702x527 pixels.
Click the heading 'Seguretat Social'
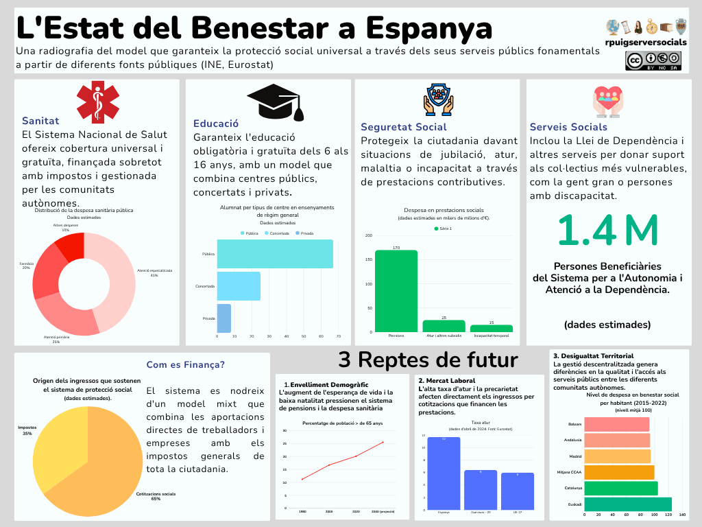coord(403,127)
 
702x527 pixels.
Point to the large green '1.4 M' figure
coord(607,231)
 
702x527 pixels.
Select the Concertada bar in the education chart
coord(238,286)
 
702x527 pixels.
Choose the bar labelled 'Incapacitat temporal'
coord(491,328)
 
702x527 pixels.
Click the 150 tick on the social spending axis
coord(370,260)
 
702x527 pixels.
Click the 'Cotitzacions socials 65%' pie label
coord(156,496)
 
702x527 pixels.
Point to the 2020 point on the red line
coord(356,456)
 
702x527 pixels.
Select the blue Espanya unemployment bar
coord(443,473)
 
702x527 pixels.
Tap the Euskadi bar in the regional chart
coord(627,504)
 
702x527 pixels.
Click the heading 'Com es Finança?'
coord(185,364)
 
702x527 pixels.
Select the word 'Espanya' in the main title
coord(428,29)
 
